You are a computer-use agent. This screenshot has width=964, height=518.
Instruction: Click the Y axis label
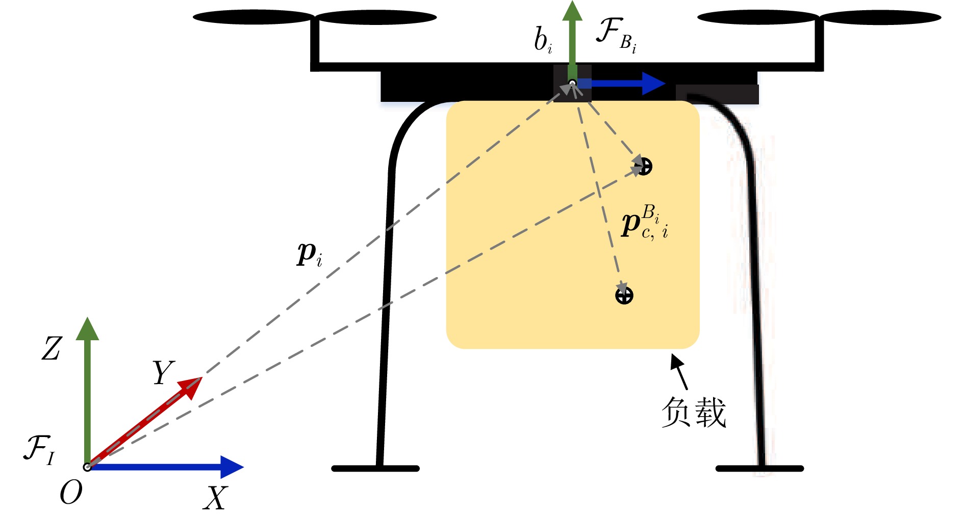163,373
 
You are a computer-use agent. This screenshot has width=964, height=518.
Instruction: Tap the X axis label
215,498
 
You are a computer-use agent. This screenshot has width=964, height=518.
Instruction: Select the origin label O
71,493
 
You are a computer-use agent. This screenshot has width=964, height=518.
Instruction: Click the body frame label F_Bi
616,35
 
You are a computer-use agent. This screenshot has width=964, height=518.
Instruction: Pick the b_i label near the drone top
543,40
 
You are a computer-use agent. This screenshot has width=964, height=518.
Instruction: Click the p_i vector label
309,254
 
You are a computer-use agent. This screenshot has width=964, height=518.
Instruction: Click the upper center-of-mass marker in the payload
644,166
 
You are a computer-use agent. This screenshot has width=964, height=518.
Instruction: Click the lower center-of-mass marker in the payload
624,295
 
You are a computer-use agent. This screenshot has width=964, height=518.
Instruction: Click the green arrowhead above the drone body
572,11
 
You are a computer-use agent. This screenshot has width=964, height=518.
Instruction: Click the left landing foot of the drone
375,468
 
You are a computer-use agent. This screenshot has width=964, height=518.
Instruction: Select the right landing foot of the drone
759,468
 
